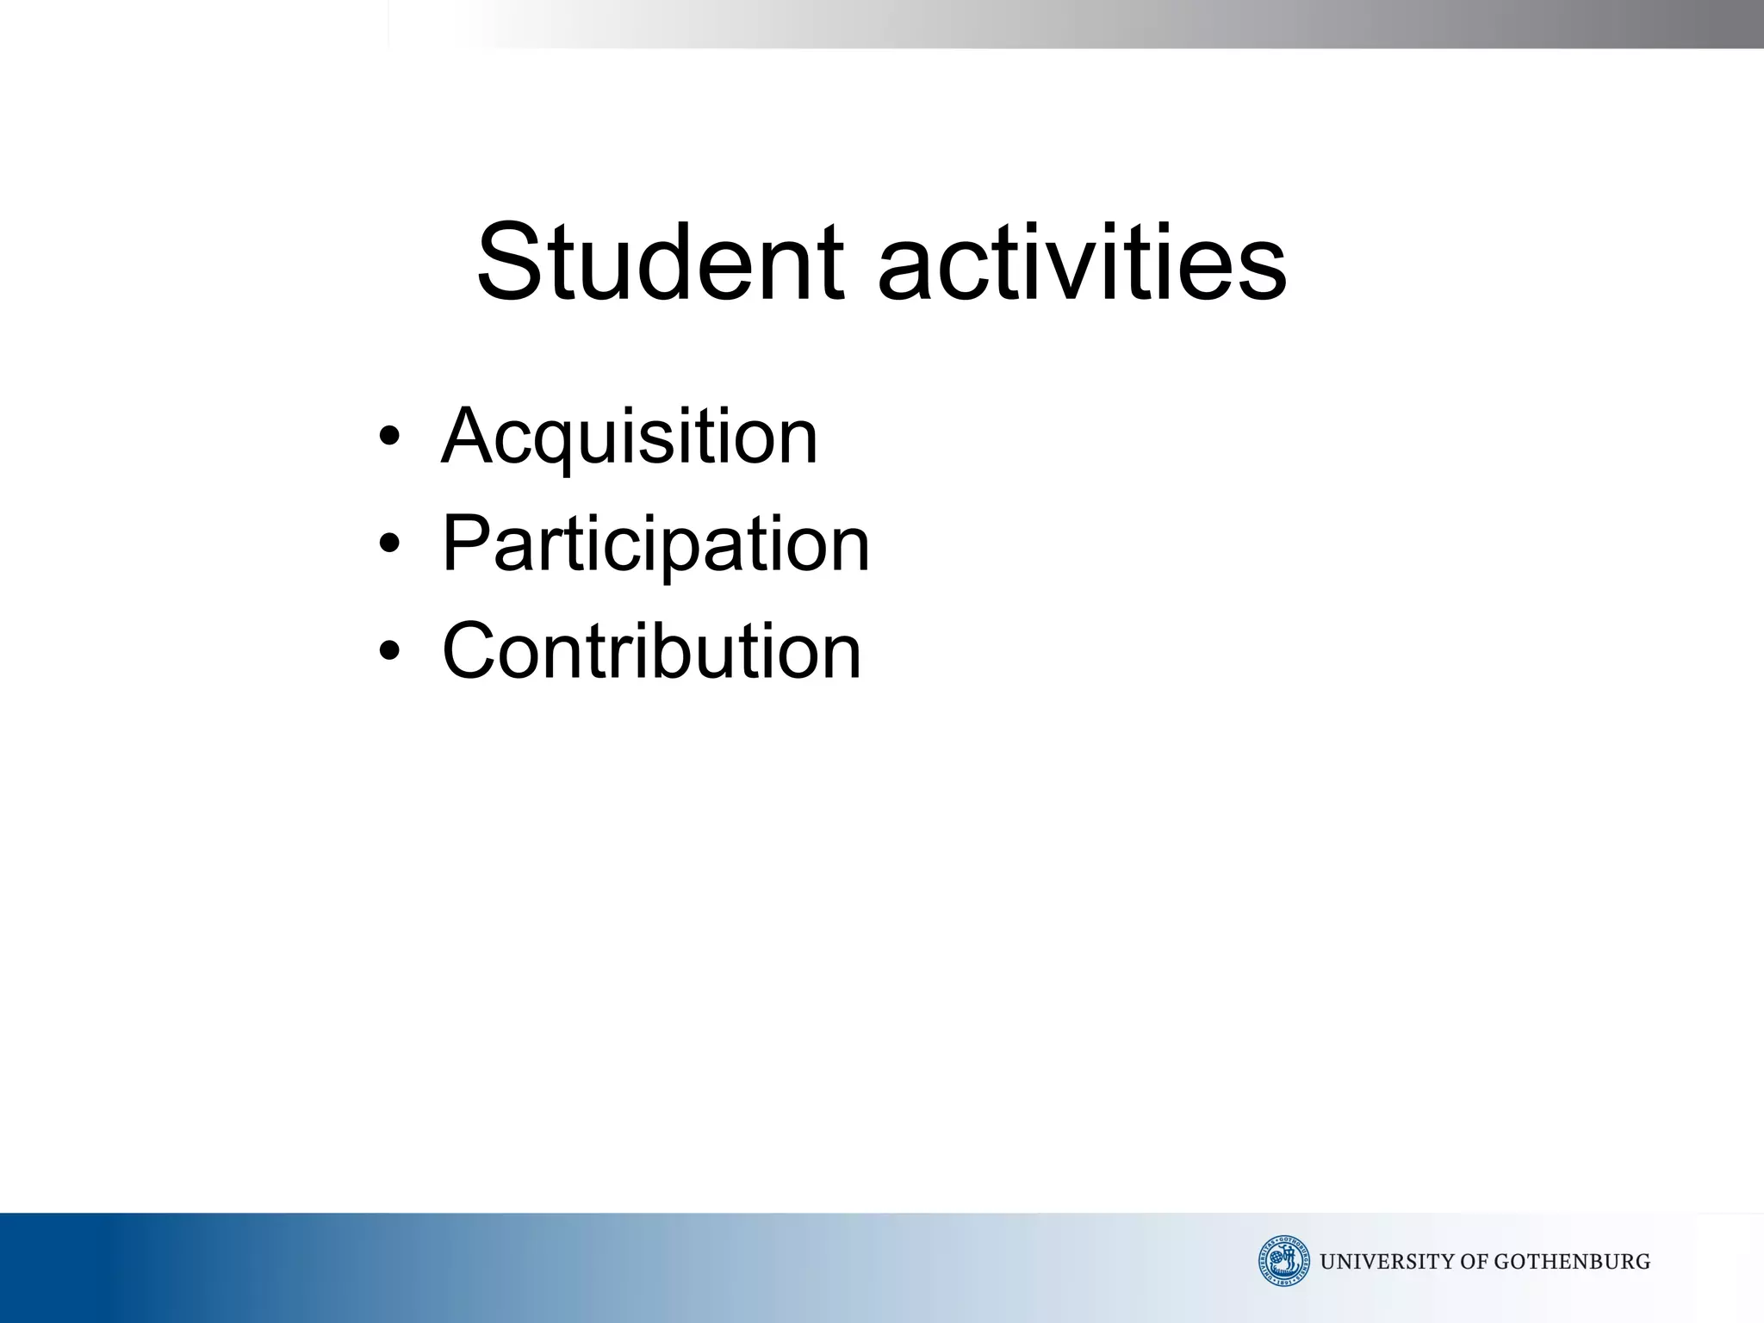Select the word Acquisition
coord(629,438)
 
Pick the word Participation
coord(655,545)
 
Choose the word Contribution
coord(651,652)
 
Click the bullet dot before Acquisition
coord(389,437)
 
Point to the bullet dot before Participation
coord(389,544)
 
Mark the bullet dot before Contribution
coord(389,651)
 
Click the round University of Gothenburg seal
coord(1283,1261)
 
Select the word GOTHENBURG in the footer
coord(1572,1262)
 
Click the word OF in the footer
coord(1476,1262)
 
